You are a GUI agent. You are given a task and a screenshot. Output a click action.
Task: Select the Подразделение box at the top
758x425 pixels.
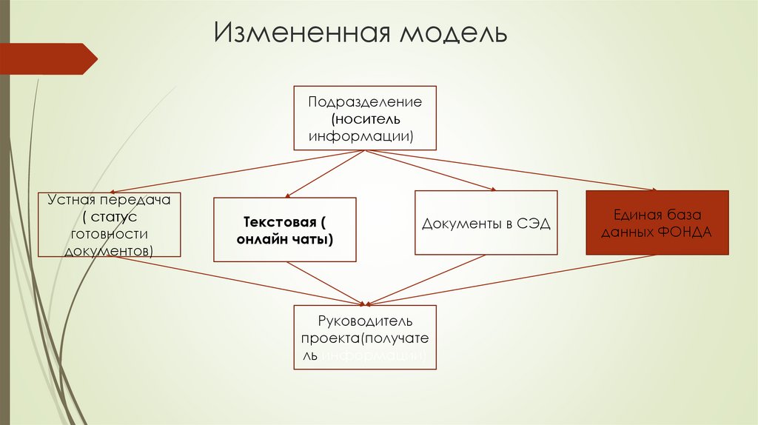click(365, 118)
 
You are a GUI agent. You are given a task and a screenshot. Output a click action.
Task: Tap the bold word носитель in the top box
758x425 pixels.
click(366, 118)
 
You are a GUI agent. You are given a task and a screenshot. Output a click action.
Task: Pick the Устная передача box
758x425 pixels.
click(110, 224)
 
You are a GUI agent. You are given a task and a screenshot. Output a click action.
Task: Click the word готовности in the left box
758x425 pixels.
click(110, 233)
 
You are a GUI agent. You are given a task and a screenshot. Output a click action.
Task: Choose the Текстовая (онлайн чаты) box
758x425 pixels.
click(284, 230)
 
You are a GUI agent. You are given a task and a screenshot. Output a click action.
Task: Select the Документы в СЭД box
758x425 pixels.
click(486, 223)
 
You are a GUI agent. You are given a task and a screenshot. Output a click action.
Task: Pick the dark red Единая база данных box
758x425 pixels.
click(657, 223)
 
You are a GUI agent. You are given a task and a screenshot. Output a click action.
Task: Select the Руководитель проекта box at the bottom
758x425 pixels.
click(365, 338)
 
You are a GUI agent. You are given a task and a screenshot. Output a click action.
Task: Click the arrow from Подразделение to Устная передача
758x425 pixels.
click(237, 172)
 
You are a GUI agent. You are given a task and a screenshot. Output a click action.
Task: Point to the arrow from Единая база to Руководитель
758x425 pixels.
click(511, 280)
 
